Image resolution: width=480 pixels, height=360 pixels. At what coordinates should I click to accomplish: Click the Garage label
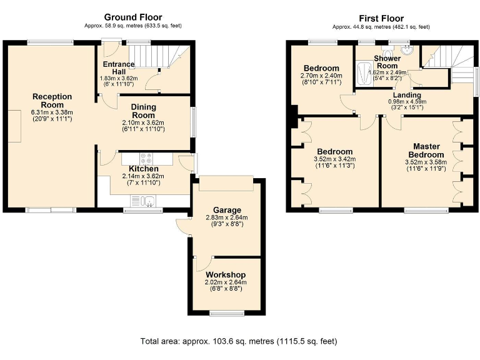tap(226, 210)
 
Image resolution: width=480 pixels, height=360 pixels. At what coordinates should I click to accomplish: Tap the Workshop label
tap(226, 275)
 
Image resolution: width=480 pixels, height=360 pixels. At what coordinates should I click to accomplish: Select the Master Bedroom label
tap(426, 151)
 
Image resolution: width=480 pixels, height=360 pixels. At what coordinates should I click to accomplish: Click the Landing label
tap(406, 95)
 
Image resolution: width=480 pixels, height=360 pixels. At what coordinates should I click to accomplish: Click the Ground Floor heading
tap(132, 17)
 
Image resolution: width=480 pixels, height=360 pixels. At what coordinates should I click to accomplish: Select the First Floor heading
tap(381, 18)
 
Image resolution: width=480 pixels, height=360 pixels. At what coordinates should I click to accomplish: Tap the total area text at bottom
tap(239, 341)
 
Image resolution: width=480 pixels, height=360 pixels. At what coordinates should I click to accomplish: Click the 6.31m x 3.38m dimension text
tap(52, 113)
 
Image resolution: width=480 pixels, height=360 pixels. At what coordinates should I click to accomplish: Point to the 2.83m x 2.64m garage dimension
tap(226, 218)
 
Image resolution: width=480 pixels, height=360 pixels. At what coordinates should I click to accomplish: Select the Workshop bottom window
tap(227, 312)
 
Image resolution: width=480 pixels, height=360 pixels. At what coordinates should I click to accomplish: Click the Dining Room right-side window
tap(193, 122)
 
